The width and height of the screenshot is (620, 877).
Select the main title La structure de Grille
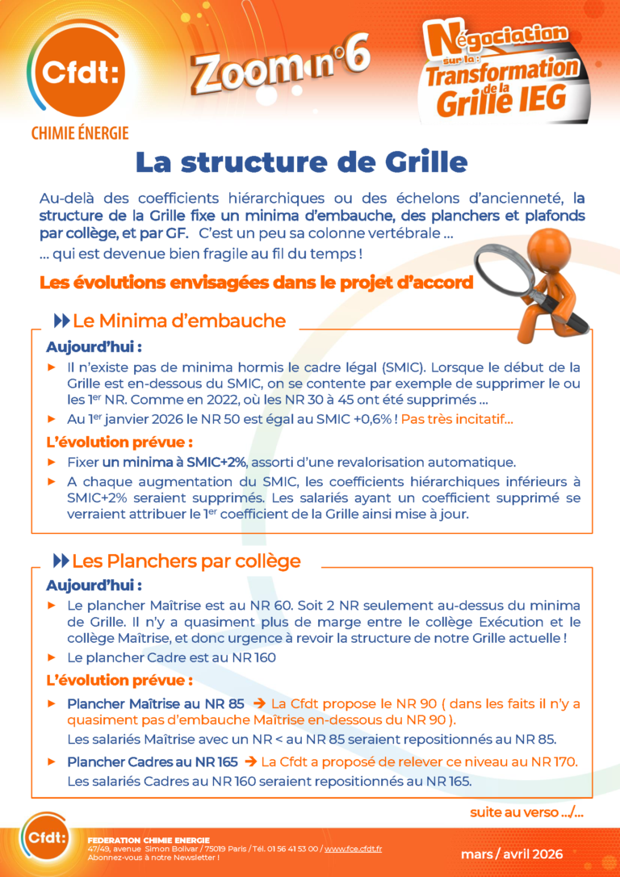click(301, 162)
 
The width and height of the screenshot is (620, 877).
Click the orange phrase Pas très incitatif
click(457, 419)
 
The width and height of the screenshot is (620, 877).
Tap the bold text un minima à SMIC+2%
click(174, 462)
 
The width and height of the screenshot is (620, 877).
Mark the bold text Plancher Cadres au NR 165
click(152, 762)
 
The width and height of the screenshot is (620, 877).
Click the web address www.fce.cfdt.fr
click(353, 849)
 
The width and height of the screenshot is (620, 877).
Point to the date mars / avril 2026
click(511, 854)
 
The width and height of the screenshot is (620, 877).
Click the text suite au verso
click(526, 812)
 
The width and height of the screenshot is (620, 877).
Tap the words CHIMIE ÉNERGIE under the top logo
click(79, 132)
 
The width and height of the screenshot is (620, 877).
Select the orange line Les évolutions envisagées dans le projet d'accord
click(255, 283)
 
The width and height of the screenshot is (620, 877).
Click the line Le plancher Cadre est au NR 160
click(171, 657)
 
